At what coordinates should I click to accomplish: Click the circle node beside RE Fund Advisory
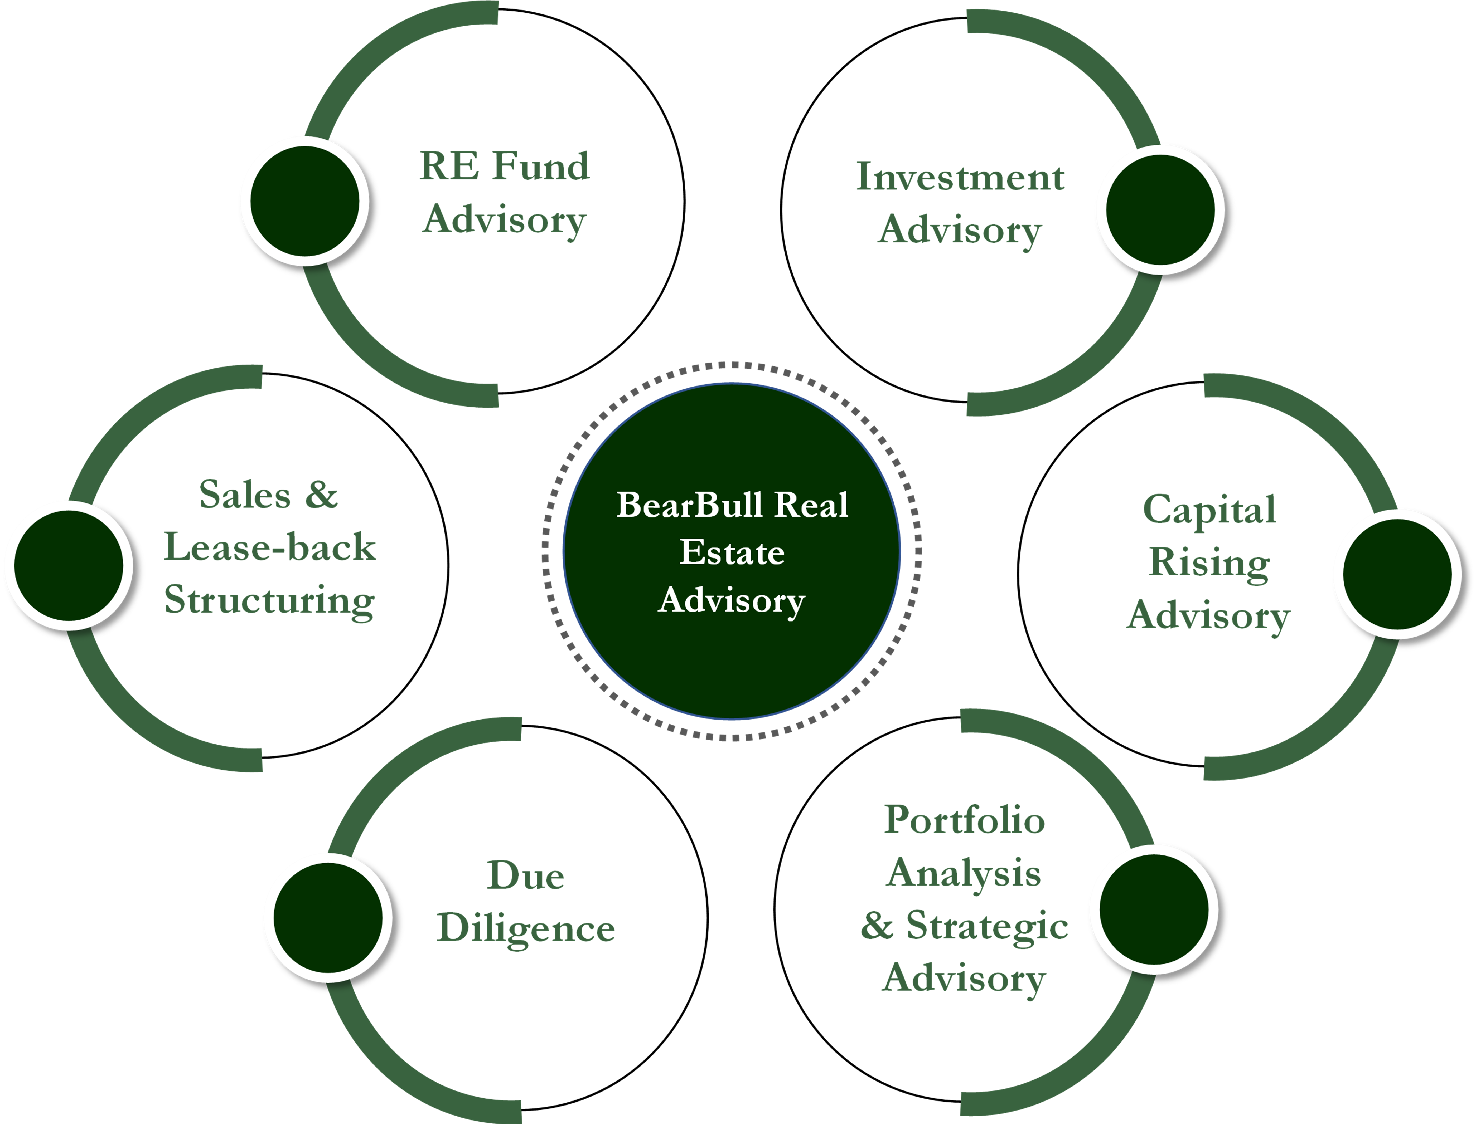[305, 201]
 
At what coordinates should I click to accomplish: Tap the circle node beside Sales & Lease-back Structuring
[68, 565]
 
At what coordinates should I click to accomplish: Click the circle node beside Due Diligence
[328, 917]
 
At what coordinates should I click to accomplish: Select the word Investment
[960, 178]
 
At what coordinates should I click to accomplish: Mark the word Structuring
[269, 600]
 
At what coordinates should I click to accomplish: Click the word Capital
[1209, 510]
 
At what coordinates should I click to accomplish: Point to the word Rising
[1209, 562]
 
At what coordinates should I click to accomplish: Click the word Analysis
[964, 873]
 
